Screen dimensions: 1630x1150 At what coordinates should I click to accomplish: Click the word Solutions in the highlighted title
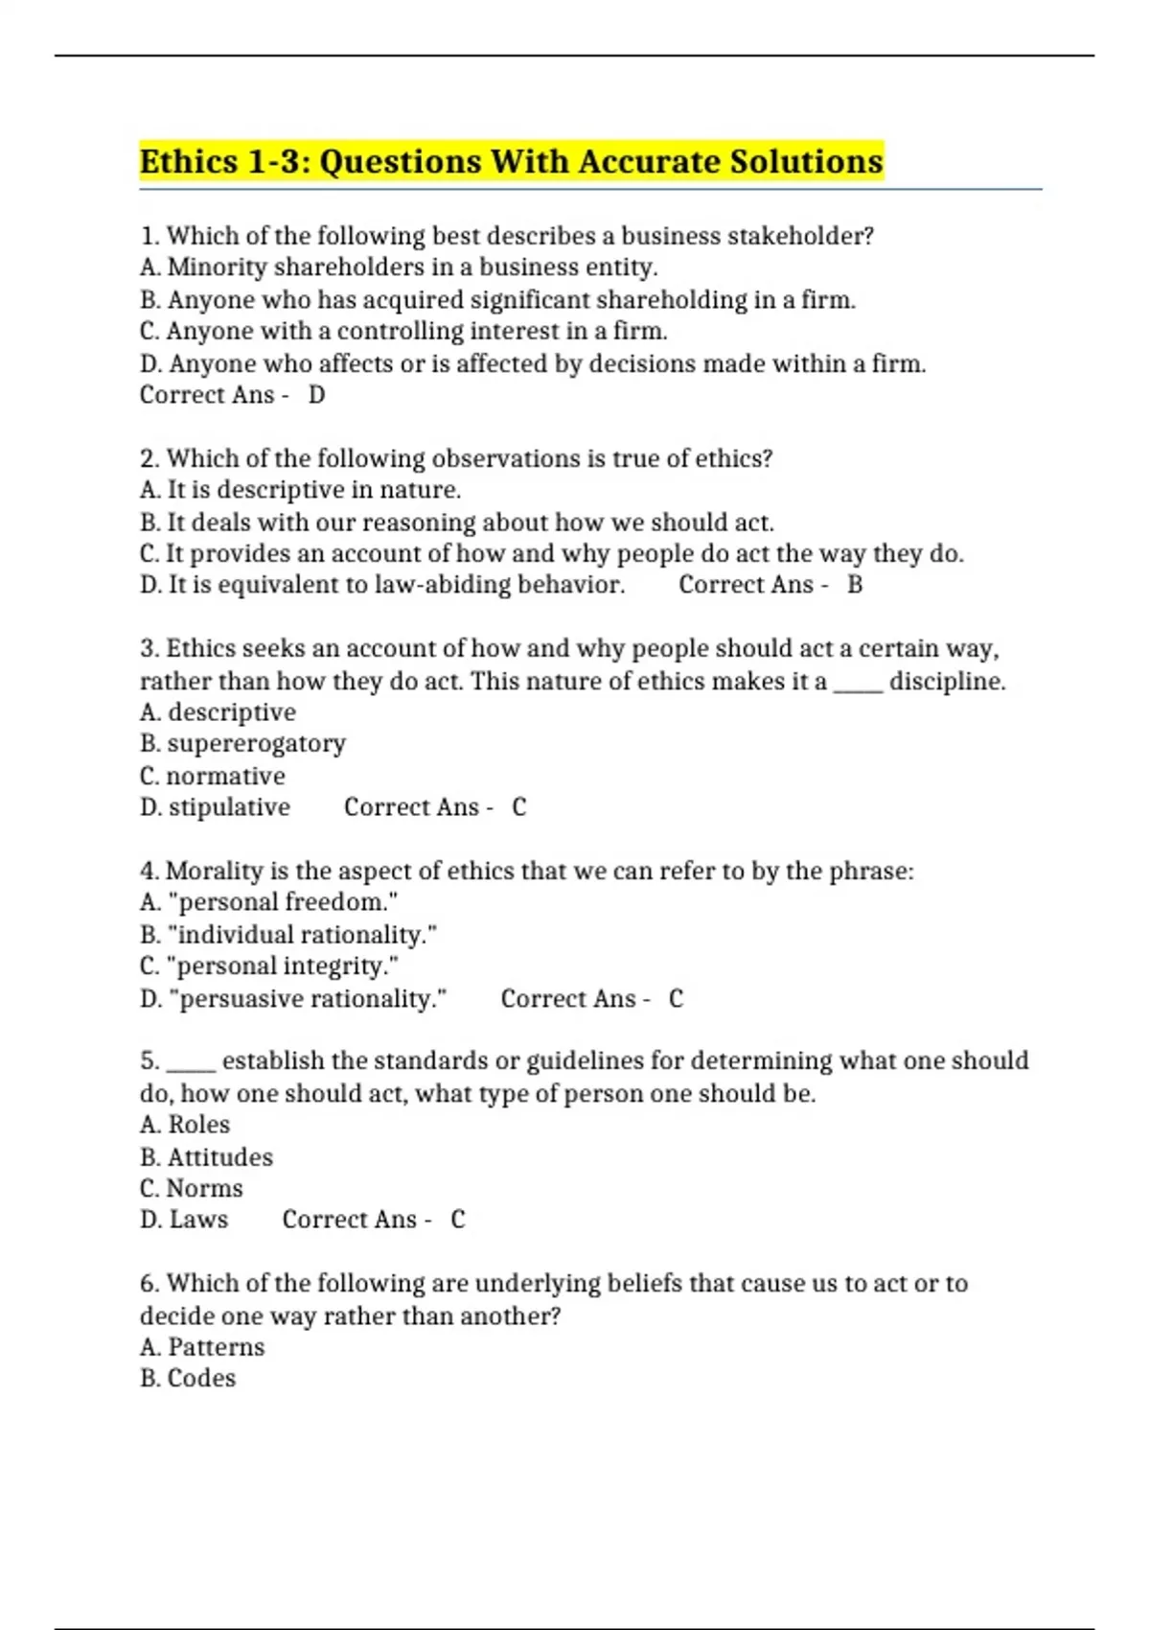pyautogui.click(x=805, y=161)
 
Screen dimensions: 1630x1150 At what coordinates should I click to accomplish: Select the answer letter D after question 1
pyautogui.click(x=316, y=395)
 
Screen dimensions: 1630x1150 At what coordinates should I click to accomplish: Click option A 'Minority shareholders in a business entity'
pyautogui.click(x=399, y=268)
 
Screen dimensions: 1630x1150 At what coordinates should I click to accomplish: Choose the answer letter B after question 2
pyautogui.click(x=855, y=585)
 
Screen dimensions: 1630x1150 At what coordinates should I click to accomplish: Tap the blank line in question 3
pyautogui.click(x=858, y=683)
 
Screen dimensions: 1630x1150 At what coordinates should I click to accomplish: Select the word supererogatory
pyautogui.click(x=256, y=744)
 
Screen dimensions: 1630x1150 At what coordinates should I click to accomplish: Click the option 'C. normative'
pyautogui.click(x=213, y=776)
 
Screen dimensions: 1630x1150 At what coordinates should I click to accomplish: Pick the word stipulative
pyautogui.click(x=229, y=807)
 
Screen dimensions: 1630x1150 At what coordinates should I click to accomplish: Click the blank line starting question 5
pyautogui.click(x=191, y=1062)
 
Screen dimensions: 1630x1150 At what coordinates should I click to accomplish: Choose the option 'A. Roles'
pyautogui.click(x=185, y=1125)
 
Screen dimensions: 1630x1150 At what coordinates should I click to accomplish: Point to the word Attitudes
pyautogui.click(x=219, y=1157)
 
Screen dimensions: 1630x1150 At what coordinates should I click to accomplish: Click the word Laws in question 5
pyautogui.click(x=198, y=1220)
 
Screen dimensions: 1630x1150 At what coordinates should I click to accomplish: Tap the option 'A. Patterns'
pyautogui.click(x=202, y=1347)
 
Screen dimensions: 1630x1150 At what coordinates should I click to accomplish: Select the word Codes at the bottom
pyautogui.click(x=201, y=1378)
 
